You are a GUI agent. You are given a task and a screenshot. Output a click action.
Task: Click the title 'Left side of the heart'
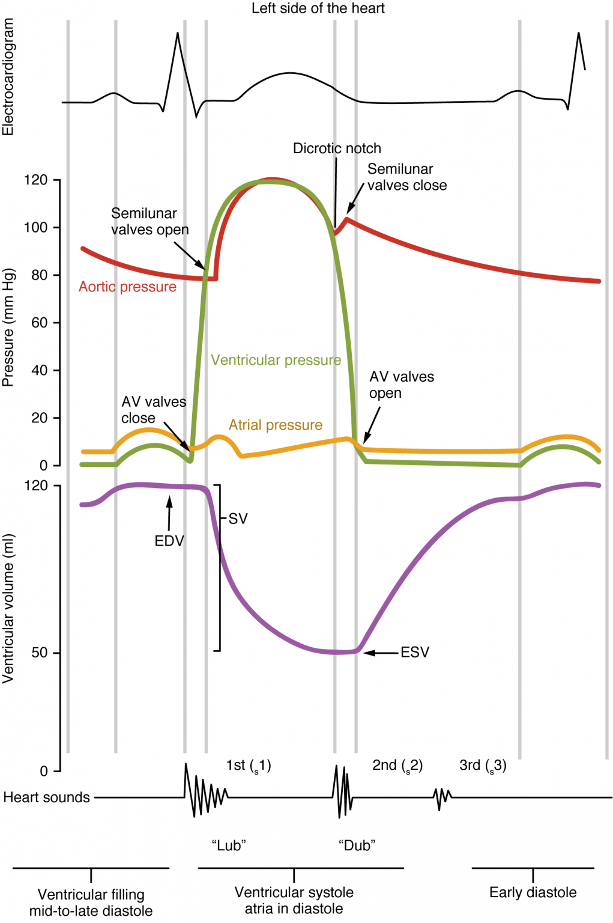318,8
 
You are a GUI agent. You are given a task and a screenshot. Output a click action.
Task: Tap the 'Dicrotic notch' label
337,148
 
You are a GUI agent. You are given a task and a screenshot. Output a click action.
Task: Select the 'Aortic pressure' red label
127,287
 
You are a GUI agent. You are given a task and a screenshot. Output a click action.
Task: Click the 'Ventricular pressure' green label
276,360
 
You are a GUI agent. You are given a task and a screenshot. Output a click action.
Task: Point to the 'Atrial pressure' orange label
275,425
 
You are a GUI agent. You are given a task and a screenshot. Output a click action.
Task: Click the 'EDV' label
169,541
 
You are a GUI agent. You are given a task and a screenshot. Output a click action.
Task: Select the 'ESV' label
415,652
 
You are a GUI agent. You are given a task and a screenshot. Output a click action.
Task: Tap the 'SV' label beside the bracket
238,519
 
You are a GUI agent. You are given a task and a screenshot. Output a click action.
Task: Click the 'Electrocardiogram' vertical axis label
8,77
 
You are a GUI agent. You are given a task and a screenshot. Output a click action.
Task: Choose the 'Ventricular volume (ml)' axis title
8,608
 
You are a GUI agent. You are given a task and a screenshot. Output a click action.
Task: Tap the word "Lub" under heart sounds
229,845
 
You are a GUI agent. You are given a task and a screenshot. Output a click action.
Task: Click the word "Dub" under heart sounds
357,845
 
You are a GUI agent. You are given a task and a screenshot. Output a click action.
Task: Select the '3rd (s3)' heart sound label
483,765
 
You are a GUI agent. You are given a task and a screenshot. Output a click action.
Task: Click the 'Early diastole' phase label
533,892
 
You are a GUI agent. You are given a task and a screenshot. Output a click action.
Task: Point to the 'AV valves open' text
401,385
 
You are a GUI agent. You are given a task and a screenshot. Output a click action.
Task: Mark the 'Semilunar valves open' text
149,221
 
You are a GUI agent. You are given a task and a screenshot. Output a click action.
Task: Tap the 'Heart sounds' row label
46,797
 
